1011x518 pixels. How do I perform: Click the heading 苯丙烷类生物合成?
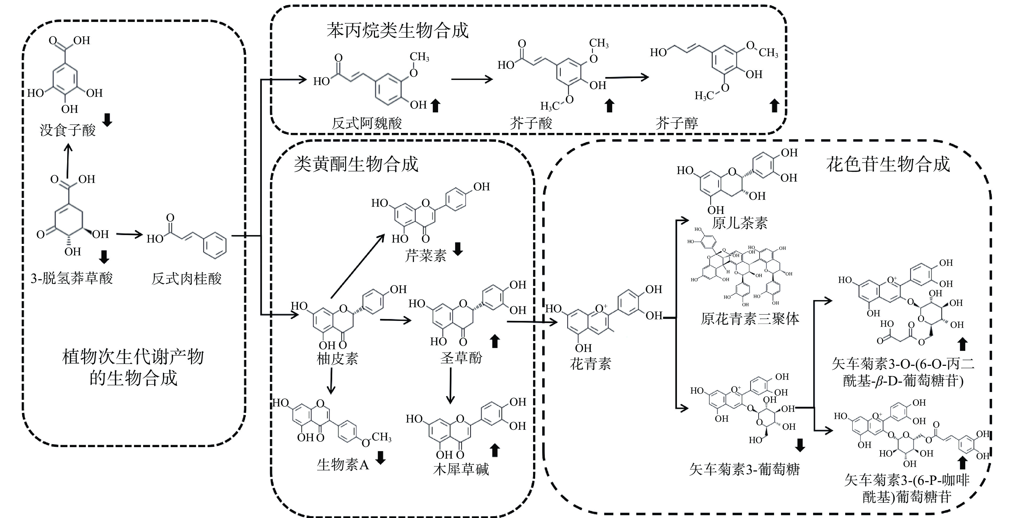[397, 30]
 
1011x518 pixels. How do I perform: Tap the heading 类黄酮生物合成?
[356, 164]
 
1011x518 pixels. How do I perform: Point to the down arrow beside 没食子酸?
[107, 120]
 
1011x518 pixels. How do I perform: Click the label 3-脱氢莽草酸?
[72, 278]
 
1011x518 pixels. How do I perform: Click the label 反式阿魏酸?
[367, 123]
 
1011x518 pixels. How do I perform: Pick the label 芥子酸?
[531, 123]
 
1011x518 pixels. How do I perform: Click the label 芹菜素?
[426, 256]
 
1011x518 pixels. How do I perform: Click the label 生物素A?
[343, 465]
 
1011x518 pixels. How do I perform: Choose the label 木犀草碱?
[461, 469]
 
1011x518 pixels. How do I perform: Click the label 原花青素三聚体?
[750, 319]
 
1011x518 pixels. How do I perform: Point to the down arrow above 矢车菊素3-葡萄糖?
[800, 445]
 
